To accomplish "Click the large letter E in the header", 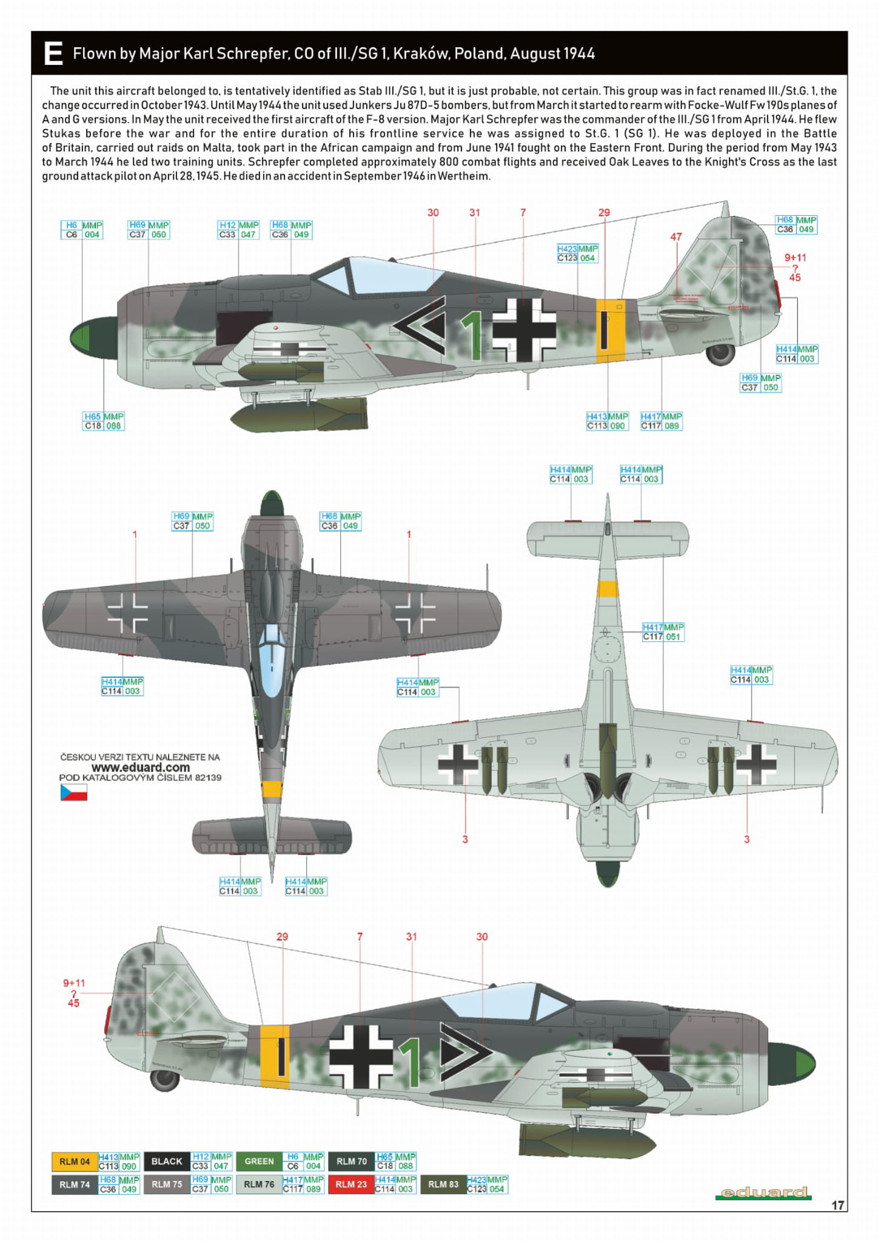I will (53, 53).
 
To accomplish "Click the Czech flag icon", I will (73, 792).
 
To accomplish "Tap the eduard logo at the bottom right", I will (763, 1192).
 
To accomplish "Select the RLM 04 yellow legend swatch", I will (74, 1162).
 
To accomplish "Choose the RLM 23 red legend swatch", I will (350, 1184).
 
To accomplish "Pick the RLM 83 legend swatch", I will (443, 1184).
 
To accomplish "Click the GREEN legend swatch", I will (259, 1162).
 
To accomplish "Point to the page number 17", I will (837, 1205).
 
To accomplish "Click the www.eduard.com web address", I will (140, 767).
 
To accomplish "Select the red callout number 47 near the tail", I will (676, 237).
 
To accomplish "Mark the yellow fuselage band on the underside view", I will (608, 589).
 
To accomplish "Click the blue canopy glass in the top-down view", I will (270, 661).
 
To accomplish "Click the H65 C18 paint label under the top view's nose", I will (103, 421).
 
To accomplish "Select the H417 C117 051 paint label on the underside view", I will (663, 632).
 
